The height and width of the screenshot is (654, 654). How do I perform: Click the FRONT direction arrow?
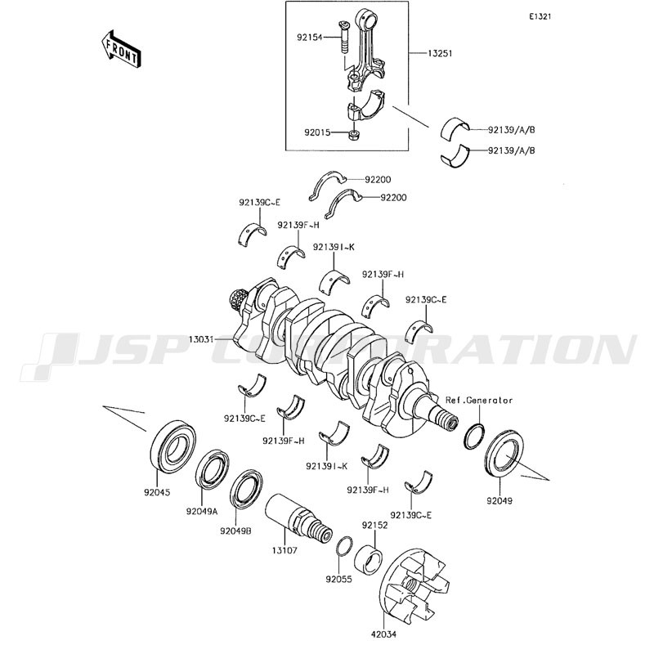[x=119, y=49]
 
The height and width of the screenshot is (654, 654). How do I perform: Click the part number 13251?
[x=440, y=53]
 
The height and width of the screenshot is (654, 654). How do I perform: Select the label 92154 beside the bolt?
[x=310, y=37]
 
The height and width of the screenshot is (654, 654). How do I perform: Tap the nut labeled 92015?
[x=354, y=134]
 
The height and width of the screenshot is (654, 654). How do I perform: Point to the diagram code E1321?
[x=540, y=16]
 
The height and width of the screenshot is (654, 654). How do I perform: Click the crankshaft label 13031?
[x=202, y=339]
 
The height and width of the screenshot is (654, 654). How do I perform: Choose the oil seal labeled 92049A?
[x=212, y=468]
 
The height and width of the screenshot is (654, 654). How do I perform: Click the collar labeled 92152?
[x=369, y=561]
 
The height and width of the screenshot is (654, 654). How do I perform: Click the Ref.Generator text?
[x=479, y=401]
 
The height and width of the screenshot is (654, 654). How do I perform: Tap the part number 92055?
[x=338, y=580]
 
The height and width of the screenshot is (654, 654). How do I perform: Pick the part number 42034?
[x=383, y=634]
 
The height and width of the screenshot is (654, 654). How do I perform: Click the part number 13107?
[x=284, y=550]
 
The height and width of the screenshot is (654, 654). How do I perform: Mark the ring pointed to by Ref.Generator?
[x=475, y=437]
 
